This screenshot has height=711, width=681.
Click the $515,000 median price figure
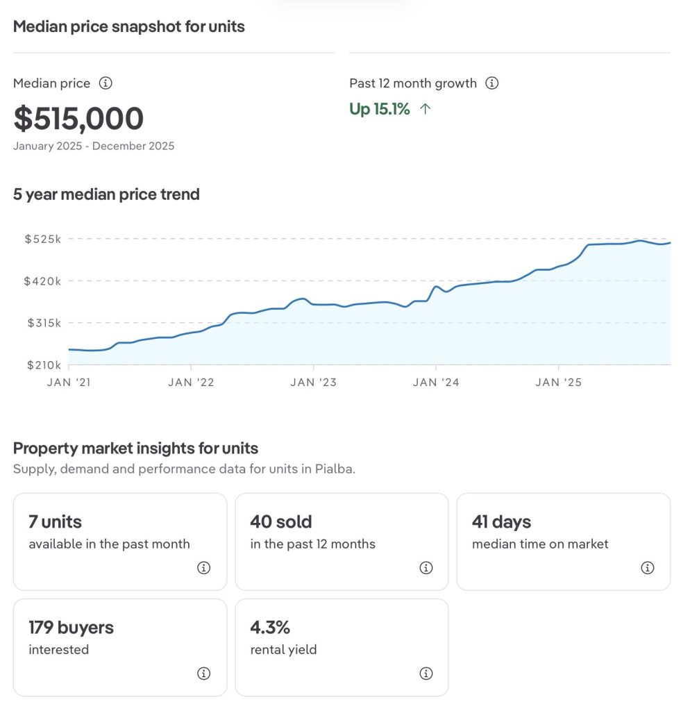pyautogui.click(x=78, y=119)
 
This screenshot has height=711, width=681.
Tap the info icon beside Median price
pyautogui.click(x=106, y=83)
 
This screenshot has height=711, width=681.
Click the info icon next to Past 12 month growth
pyautogui.click(x=491, y=83)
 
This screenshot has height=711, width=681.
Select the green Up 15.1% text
pyautogui.click(x=380, y=109)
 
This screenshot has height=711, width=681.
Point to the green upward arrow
pyautogui.click(x=426, y=109)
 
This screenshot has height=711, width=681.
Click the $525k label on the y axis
pyautogui.click(x=43, y=239)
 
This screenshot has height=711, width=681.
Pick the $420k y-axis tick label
pyautogui.click(x=43, y=281)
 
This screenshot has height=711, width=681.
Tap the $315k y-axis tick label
pyautogui.click(x=43, y=323)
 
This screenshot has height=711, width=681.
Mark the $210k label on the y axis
pyautogui.click(x=43, y=365)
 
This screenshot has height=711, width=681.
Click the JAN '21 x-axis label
pyautogui.click(x=69, y=383)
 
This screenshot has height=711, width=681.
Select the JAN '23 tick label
pyautogui.click(x=313, y=383)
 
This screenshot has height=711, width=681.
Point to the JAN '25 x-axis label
pyautogui.click(x=559, y=383)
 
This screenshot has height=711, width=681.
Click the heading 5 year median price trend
pyautogui.click(x=106, y=194)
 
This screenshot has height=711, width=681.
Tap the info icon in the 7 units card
pyautogui.click(x=203, y=568)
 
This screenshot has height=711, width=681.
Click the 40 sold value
pyautogui.click(x=281, y=521)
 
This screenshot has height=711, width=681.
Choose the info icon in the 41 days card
pyautogui.click(x=647, y=568)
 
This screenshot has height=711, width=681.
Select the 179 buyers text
pyautogui.click(x=71, y=627)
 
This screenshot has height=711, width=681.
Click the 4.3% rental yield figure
pyautogui.click(x=270, y=627)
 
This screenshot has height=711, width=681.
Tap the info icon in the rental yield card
pyautogui.click(x=426, y=674)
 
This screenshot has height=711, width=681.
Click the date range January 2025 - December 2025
pyautogui.click(x=94, y=146)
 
